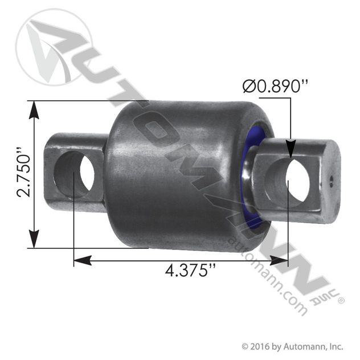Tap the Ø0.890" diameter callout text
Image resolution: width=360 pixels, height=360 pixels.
pyautogui.click(x=275, y=86)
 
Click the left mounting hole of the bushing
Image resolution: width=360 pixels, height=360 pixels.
pyautogui.click(x=74, y=174)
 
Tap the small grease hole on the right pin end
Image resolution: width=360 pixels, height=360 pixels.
pyautogui.click(x=331, y=179)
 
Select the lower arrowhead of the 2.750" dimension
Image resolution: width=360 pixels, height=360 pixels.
pyautogui.click(x=34, y=239)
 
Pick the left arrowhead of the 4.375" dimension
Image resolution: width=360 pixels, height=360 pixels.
pyautogui.click(x=83, y=260)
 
